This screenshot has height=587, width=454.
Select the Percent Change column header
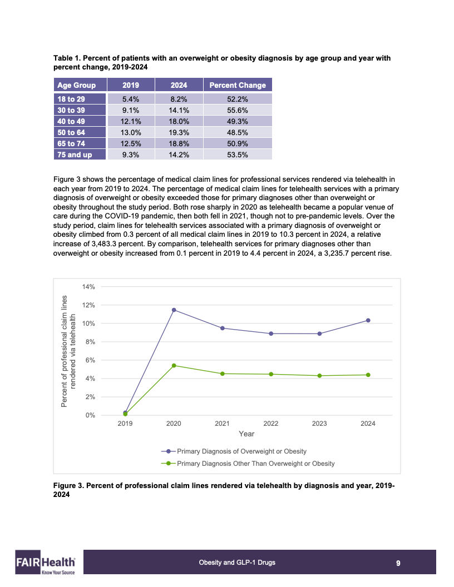[x=238, y=85]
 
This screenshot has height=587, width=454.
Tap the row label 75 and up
[x=80, y=155]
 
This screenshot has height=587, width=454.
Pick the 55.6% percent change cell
[x=238, y=110]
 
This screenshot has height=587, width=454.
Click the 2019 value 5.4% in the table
[x=131, y=99]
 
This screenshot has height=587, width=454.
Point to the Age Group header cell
[x=80, y=85]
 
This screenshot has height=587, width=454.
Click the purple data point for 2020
[x=174, y=310]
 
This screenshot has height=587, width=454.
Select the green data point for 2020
[x=174, y=365]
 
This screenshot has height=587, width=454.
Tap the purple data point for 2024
[x=368, y=320]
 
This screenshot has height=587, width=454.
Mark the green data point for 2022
[x=271, y=374]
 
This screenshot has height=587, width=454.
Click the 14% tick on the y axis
[x=89, y=287]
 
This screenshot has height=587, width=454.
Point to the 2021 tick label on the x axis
[x=223, y=424]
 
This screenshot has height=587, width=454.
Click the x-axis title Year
[x=246, y=434]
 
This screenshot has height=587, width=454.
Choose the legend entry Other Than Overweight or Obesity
[x=255, y=463]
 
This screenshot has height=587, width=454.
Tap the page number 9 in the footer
[x=398, y=563]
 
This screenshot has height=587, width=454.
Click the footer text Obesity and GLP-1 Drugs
[x=237, y=563]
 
